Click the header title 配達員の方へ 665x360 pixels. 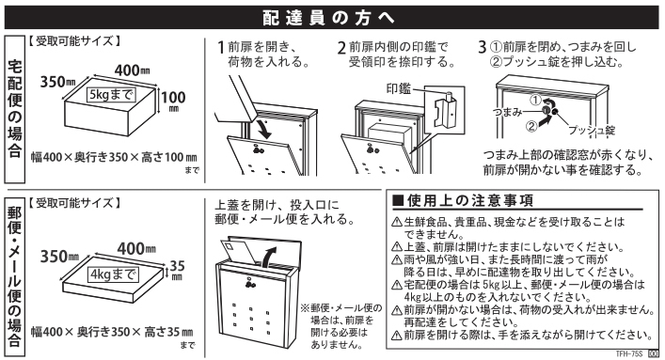[328, 17]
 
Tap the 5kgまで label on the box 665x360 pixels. [112, 94]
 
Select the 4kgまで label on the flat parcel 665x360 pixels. [113, 274]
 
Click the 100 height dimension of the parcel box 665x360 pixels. [173, 101]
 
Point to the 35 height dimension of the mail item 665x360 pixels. [177, 269]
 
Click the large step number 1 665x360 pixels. [220, 47]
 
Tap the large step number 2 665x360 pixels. [341, 48]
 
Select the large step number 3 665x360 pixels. [483, 47]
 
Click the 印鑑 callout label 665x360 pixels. [399, 88]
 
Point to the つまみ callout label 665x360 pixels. [507, 112]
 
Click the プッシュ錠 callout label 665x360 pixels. [592, 130]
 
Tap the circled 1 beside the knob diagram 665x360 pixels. [536, 100]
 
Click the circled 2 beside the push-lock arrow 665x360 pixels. [531, 126]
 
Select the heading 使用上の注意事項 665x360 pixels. [463, 200]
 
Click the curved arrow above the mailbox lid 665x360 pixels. [267, 257]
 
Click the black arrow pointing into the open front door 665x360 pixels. [263, 130]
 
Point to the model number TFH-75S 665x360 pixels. [629, 353]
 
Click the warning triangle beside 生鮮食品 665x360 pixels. [397, 222]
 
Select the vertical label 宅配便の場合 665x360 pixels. [15, 109]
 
